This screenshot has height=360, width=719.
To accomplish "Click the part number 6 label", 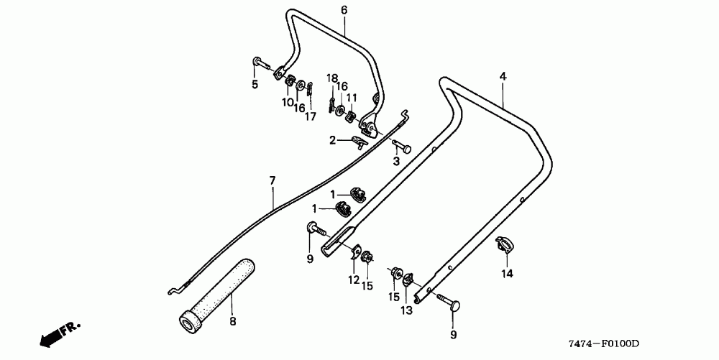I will click(344, 10).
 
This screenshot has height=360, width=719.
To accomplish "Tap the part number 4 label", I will click(503, 76).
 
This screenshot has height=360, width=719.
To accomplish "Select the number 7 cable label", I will click(273, 180).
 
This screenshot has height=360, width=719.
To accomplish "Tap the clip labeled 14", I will click(506, 244).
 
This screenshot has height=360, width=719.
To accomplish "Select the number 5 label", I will click(255, 84).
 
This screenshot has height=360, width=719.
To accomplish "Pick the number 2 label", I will click(332, 141).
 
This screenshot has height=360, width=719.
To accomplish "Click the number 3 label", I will click(396, 161).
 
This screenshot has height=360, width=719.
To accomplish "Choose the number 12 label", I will click(354, 280).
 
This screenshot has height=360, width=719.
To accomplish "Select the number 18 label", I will click(332, 78).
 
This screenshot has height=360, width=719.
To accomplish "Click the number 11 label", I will click(352, 97).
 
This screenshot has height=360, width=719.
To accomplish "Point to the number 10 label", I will click(288, 102).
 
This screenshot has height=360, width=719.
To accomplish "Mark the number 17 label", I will click(310, 116).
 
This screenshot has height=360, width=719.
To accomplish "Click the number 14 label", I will click(507, 273).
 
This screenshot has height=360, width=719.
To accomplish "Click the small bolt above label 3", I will click(403, 147).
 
